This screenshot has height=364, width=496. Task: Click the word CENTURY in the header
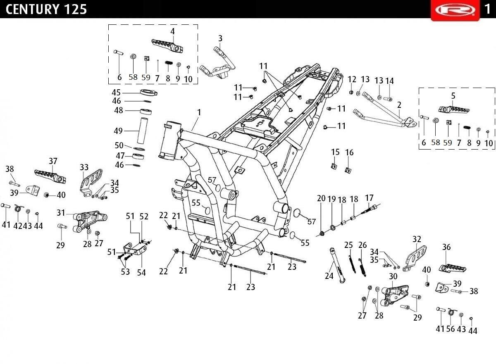33,10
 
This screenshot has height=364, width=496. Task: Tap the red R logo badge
455,10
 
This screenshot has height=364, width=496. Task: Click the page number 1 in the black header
488,9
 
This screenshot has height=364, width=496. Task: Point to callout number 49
118,131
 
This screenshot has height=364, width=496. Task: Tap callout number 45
116,93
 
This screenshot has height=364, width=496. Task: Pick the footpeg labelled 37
50,176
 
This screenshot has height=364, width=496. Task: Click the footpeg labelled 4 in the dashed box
167,45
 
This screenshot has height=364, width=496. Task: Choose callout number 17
369,198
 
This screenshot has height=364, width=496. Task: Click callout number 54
141,273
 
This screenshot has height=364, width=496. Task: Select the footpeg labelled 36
452,268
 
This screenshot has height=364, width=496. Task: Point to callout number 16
349,152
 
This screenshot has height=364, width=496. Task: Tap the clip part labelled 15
334,166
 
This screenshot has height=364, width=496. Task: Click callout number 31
61,213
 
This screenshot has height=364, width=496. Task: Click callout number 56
451,328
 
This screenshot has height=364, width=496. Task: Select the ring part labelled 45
149,92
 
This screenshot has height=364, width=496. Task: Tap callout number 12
352,79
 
